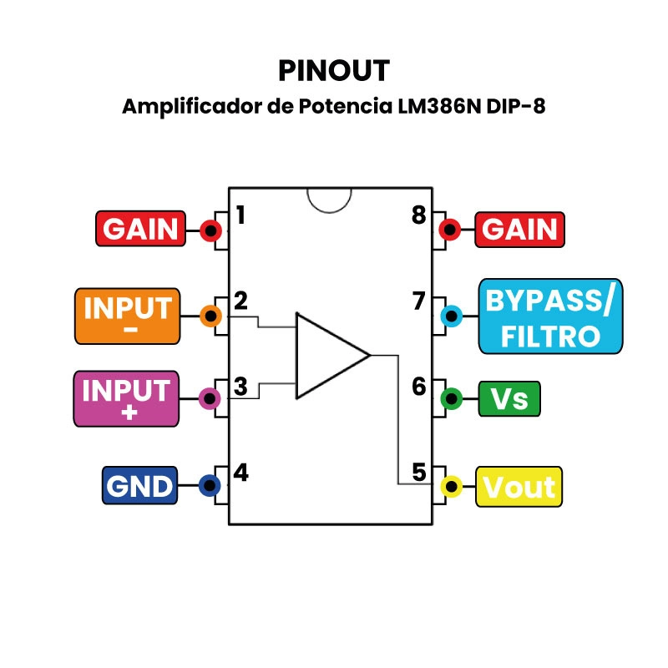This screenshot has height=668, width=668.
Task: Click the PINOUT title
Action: [x=334, y=70]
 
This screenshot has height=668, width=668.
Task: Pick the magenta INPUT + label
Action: [x=127, y=399]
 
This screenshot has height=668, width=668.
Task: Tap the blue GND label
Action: [x=139, y=486]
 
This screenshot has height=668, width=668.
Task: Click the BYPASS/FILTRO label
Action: [x=550, y=316]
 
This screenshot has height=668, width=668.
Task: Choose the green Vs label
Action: [x=509, y=399]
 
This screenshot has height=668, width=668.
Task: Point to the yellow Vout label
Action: [x=519, y=487]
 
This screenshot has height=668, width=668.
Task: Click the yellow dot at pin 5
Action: [x=452, y=486]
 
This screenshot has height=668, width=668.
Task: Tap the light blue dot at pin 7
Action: [x=452, y=316]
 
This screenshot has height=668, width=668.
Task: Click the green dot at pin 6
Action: [x=452, y=399]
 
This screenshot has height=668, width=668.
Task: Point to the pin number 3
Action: [x=240, y=387]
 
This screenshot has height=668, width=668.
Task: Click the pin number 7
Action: [x=419, y=301]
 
